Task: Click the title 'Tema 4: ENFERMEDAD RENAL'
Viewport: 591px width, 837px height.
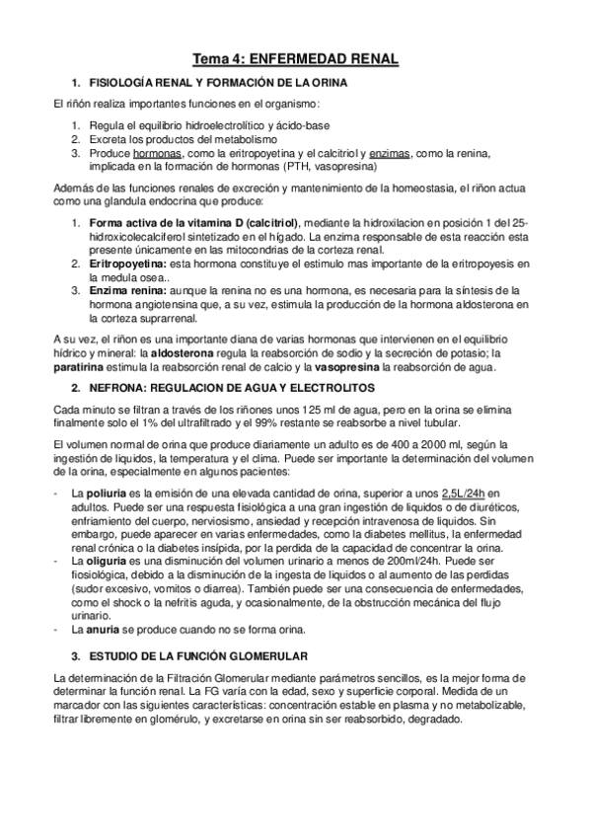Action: pos(295,59)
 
